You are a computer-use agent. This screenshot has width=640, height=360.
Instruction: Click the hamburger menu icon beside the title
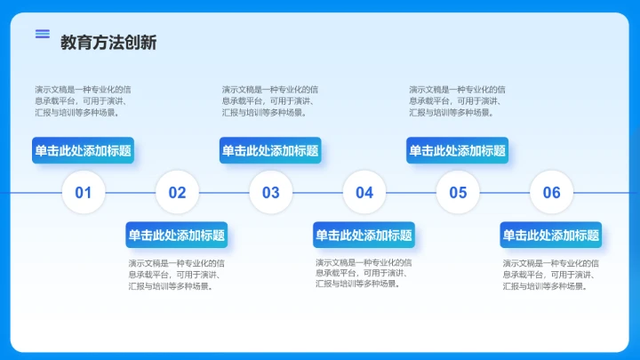(x=43, y=34)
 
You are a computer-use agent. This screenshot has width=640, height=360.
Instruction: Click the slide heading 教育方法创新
(x=108, y=43)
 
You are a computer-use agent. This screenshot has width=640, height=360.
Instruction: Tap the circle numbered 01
(x=84, y=192)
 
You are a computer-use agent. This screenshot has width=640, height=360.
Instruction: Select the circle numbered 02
(x=177, y=192)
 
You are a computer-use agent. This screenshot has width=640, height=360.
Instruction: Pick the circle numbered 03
(x=271, y=192)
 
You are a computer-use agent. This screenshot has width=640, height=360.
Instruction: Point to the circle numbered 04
(x=364, y=192)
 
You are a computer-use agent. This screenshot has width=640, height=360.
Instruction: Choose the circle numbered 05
(x=458, y=192)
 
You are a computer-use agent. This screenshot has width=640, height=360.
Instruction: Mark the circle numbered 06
(x=552, y=192)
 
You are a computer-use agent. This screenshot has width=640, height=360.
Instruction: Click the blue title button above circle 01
(x=84, y=150)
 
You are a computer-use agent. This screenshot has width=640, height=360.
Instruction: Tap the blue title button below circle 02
(x=177, y=235)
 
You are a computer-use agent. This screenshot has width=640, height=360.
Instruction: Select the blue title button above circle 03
(x=270, y=150)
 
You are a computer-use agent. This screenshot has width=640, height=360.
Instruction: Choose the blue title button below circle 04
(x=364, y=235)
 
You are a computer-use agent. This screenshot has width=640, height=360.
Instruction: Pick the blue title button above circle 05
(x=458, y=150)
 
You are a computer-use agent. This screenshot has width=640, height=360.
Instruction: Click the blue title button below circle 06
(x=551, y=235)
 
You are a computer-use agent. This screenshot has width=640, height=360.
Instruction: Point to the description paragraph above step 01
(x=84, y=100)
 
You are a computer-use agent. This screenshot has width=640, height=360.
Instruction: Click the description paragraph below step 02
(x=177, y=274)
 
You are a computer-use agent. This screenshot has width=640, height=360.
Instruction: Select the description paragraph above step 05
(x=458, y=100)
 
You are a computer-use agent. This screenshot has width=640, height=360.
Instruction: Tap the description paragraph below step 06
(x=551, y=274)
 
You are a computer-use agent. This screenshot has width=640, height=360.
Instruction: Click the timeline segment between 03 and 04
(x=317, y=192)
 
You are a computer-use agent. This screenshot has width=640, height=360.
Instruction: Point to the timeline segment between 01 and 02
(x=130, y=192)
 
